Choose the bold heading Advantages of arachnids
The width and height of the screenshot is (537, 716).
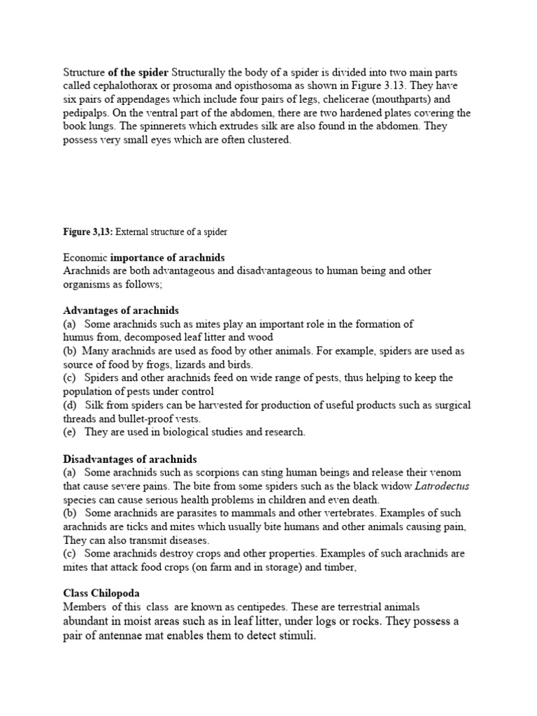click(121, 310)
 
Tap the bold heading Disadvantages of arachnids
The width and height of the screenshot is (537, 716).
click(130, 459)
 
